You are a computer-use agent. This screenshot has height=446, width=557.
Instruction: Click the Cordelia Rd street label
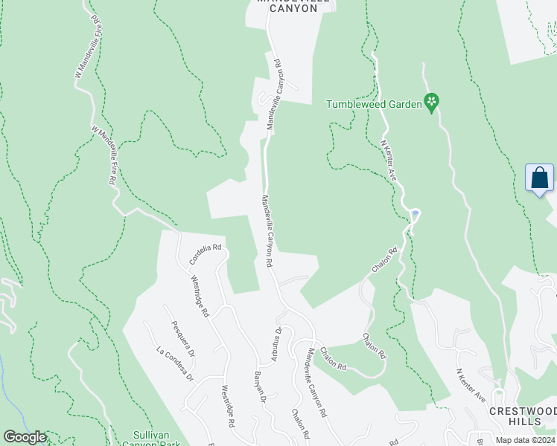click(206, 255)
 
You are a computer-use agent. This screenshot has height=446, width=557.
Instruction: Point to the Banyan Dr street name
click(260, 387)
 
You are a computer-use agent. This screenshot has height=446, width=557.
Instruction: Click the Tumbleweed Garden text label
click(374, 105)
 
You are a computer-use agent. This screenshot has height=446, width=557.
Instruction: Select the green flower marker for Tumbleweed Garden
click(431, 102)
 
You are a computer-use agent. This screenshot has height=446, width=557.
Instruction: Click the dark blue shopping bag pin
click(539, 179)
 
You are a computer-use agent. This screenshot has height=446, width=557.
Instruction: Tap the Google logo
click(25, 437)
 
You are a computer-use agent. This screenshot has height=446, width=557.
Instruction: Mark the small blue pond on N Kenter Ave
click(415, 215)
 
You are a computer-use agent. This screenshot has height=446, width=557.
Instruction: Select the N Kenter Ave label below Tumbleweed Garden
click(388, 161)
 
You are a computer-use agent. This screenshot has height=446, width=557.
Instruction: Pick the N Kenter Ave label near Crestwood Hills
click(471, 385)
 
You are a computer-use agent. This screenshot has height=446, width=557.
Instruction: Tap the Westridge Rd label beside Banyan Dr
click(227, 405)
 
